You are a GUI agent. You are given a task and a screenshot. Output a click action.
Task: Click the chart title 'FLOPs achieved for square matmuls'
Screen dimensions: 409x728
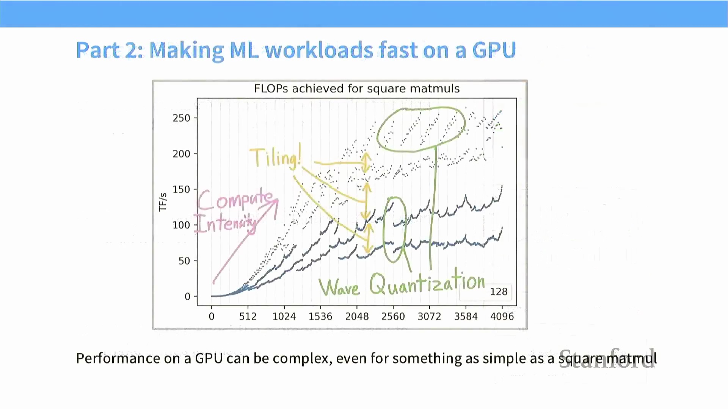click(356, 89)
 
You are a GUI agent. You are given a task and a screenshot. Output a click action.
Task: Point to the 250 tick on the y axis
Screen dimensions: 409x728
click(181, 118)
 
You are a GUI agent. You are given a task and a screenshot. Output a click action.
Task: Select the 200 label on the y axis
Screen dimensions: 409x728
click(181, 154)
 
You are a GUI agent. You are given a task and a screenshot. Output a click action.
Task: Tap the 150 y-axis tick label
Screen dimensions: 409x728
click(181, 189)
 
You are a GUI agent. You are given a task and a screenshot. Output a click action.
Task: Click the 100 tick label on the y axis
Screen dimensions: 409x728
click(181, 225)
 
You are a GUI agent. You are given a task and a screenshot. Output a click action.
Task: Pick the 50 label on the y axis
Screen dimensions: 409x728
click(184, 261)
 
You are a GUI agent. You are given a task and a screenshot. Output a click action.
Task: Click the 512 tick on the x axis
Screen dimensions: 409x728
click(248, 316)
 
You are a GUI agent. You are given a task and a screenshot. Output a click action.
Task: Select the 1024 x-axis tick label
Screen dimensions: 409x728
click(284, 316)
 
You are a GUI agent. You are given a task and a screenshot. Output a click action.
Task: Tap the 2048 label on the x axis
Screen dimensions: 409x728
click(357, 316)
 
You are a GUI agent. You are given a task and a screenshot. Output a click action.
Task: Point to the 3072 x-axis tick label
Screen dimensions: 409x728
click(429, 316)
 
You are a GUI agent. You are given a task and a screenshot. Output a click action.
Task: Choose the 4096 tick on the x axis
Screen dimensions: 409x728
click(502, 316)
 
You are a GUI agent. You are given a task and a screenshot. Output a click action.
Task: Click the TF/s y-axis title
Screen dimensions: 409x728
click(163, 202)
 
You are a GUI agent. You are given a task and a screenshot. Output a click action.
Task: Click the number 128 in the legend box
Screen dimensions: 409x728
click(498, 292)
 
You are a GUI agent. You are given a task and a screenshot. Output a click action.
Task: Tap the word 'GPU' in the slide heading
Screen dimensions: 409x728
click(494, 50)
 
